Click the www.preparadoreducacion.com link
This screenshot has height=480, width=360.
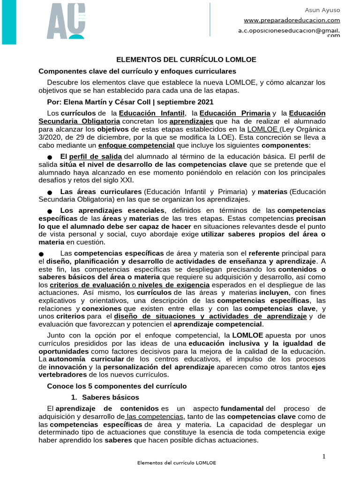(x=292, y=20)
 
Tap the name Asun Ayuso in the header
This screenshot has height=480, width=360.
(x=322, y=10)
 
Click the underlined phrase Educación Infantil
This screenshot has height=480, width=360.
(x=151, y=113)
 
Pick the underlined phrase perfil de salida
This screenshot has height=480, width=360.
(x=96, y=156)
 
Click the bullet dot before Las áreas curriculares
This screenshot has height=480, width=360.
(x=50, y=193)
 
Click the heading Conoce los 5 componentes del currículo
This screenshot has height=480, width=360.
(x=117, y=386)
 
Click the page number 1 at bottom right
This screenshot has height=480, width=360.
(x=323, y=457)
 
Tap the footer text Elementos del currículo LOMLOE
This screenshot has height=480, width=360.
(x=176, y=463)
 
